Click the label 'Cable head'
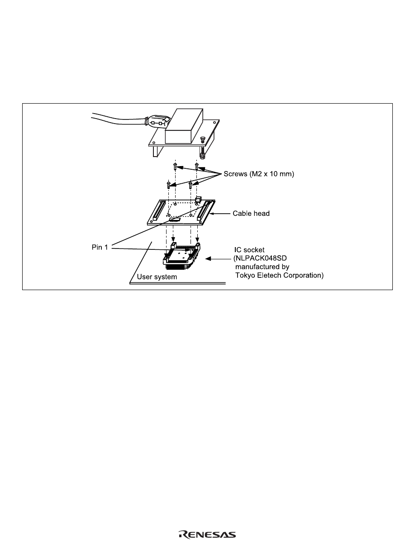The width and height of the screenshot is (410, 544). (x=251, y=213)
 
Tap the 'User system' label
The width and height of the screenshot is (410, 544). (x=157, y=277)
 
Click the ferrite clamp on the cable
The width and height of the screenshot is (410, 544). (x=157, y=123)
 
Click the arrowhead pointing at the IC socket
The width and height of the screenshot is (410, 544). (x=209, y=259)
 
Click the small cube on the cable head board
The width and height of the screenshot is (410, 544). (x=198, y=199)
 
